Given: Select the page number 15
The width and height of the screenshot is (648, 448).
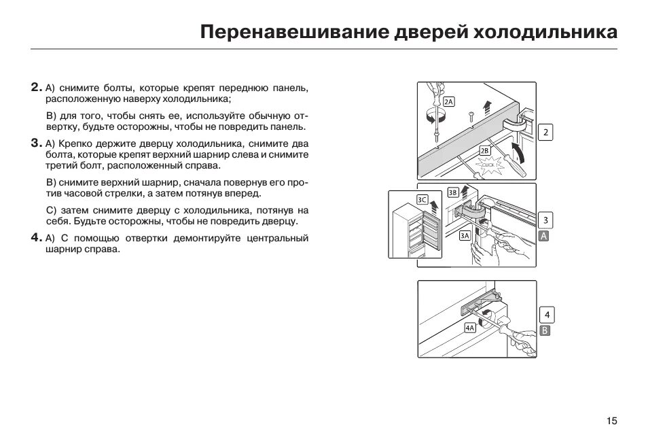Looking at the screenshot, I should [612, 421].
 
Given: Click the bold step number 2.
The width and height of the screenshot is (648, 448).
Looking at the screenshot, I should [35, 88].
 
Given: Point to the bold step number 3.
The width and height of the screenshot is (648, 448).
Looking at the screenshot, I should [35, 143].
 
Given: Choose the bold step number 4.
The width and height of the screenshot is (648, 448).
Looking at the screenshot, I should [35, 237].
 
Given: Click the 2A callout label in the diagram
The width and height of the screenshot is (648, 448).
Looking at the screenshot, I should [448, 101].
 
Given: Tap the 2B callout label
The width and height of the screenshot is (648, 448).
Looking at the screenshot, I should [484, 150].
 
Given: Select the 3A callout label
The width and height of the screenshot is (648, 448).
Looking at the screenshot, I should [465, 235].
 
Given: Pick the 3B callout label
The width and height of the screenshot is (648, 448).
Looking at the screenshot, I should [453, 192].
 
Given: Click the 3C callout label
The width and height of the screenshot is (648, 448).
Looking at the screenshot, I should [422, 199].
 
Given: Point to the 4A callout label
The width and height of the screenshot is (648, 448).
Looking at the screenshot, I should [470, 328].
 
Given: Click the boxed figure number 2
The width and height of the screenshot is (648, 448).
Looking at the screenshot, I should [545, 133].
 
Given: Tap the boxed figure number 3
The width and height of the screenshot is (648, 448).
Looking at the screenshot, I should [545, 220].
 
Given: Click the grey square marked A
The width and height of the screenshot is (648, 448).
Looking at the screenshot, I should [543, 236].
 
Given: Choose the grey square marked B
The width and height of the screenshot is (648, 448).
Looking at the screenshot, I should [544, 330].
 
